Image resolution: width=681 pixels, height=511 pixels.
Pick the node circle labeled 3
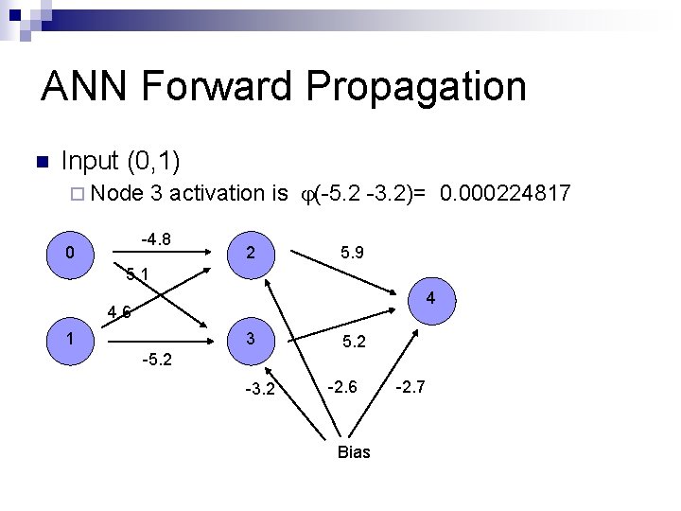250,339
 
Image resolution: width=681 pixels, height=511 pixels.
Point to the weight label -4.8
156,239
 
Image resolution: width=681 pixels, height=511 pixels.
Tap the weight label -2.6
342,386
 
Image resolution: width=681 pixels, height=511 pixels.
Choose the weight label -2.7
411,386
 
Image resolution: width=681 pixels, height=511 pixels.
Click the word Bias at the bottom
354,452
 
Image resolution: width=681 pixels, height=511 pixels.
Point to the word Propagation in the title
415,86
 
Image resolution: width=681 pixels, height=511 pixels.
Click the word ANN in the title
86,86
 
